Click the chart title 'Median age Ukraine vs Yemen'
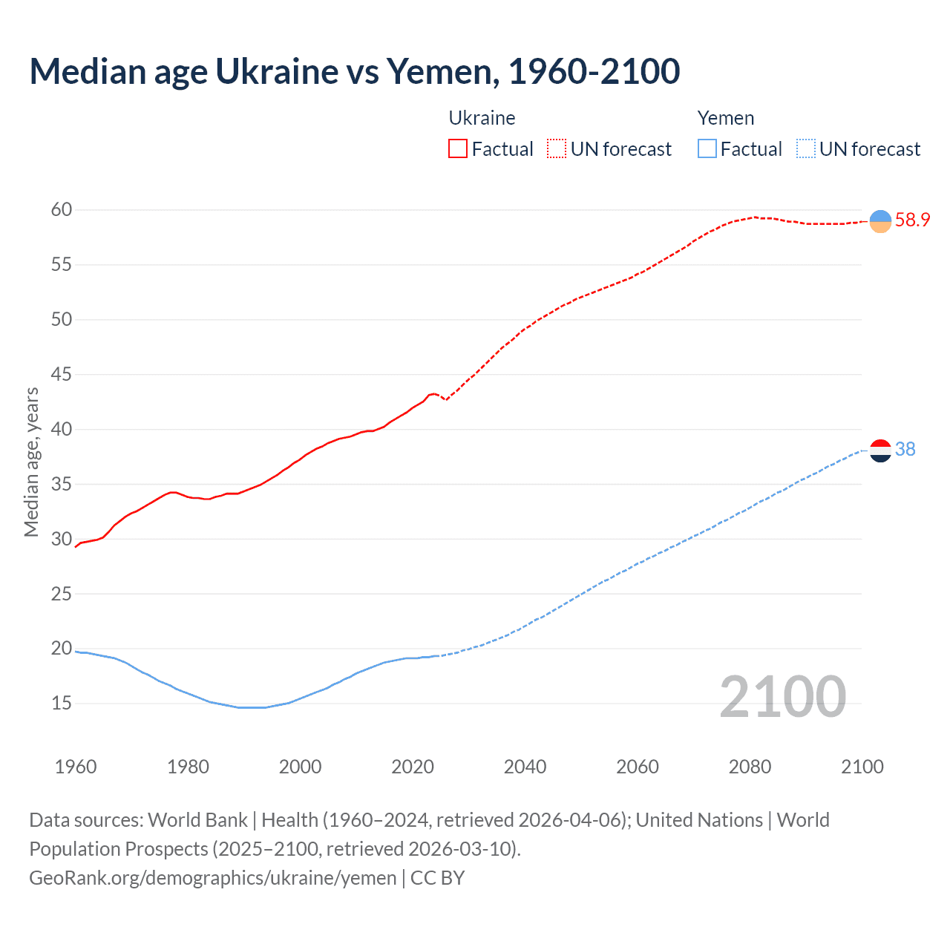click(354, 72)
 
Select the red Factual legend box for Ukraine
click(458, 149)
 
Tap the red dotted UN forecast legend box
click(557, 149)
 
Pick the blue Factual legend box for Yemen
click(707, 149)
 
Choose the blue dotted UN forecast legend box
click(806, 149)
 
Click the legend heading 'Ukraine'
click(482, 118)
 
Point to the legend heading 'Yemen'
click(725, 118)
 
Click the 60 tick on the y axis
click(62, 210)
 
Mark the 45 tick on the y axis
click(62, 375)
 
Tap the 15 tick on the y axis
click(62, 704)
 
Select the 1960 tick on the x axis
click(76, 767)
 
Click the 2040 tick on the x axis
click(525, 767)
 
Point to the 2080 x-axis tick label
click(750, 767)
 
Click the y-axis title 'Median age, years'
click(31, 462)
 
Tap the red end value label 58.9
click(912, 220)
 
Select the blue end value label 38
click(905, 450)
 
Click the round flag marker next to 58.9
click(880, 221)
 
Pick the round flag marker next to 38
click(880, 451)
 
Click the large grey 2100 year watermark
click(782, 697)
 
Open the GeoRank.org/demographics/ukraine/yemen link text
click(213, 878)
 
